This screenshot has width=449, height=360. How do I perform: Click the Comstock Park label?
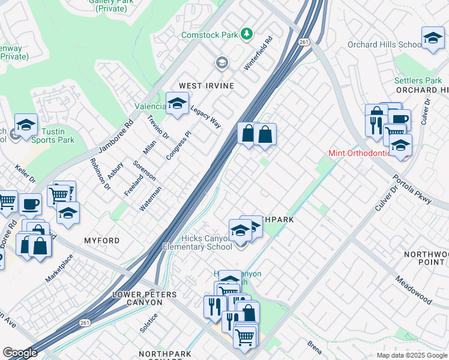[x=210, y=35]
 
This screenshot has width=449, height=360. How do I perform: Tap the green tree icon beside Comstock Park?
[x=246, y=34]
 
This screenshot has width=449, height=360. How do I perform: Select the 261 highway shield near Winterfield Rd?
[x=304, y=41]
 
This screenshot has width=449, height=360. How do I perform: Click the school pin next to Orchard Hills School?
[x=432, y=39]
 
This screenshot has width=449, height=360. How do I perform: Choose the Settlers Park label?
[x=418, y=80]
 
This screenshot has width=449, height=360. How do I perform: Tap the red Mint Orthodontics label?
[x=360, y=153]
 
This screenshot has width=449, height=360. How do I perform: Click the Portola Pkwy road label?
[x=412, y=188]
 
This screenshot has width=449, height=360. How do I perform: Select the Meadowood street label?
[x=413, y=289]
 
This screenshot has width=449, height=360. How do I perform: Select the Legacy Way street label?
[x=206, y=116]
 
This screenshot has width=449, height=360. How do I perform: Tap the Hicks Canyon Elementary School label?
[x=197, y=242]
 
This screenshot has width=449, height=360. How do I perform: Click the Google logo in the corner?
[x=20, y=353]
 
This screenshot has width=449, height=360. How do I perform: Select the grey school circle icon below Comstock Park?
[x=222, y=63]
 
